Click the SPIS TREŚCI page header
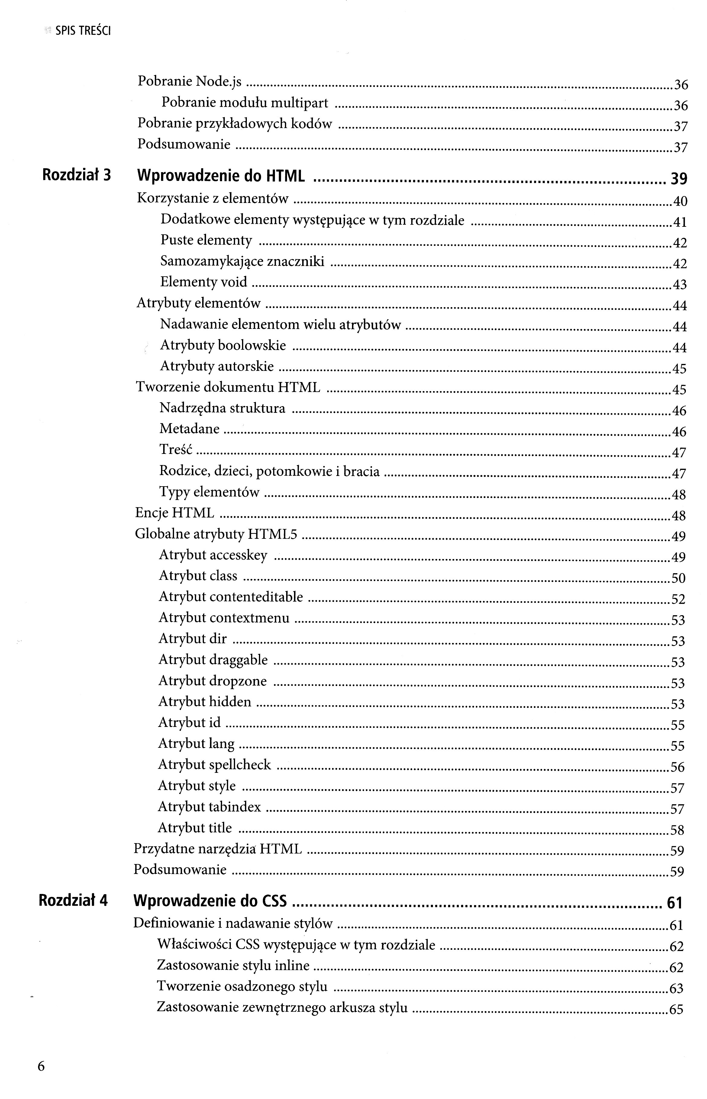click(x=83, y=31)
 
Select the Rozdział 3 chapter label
click(x=77, y=175)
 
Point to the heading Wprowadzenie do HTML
click(x=221, y=176)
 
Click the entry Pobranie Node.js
click(x=190, y=81)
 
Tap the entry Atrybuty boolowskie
click(x=223, y=345)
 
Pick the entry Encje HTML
click(x=174, y=513)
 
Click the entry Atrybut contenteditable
click(x=231, y=596)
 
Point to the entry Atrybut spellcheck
click(x=215, y=764)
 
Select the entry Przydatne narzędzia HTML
click(x=218, y=849)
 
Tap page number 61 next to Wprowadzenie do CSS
click(x=674, y=903)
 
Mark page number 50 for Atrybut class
click(x=678, y=578)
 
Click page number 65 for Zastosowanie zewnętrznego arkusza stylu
click(x=676, y=1010)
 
